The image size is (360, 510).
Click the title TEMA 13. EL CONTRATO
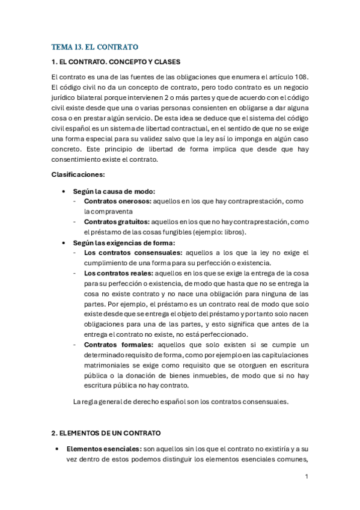click(x=95, y=46)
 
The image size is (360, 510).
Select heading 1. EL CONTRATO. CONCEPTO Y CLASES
click(x=116, y=62)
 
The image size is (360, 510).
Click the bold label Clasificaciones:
click(x=78, y=174)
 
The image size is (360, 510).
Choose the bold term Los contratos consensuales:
click(x=133, y=253)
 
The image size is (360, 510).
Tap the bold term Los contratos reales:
click(x=118, y=274)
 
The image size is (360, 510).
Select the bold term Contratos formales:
click(x=118, y=345)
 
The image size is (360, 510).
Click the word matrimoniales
click(x=109, y=365)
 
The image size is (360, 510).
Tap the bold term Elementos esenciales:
click(x=103, y=449)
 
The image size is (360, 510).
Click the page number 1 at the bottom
click(x=307, y=477)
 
